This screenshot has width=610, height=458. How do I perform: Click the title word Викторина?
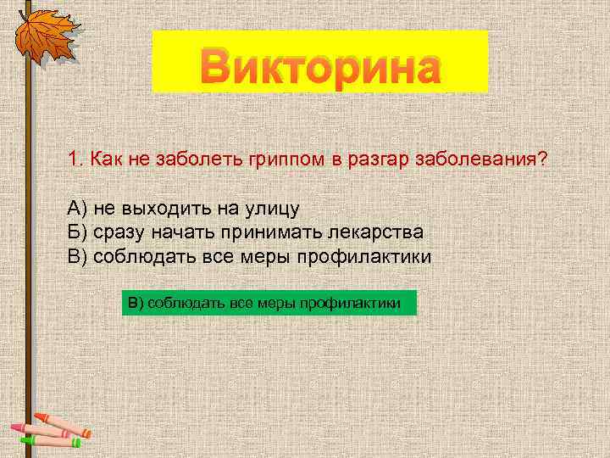(320, 65)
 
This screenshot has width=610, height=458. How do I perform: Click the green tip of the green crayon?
(24, 439)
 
